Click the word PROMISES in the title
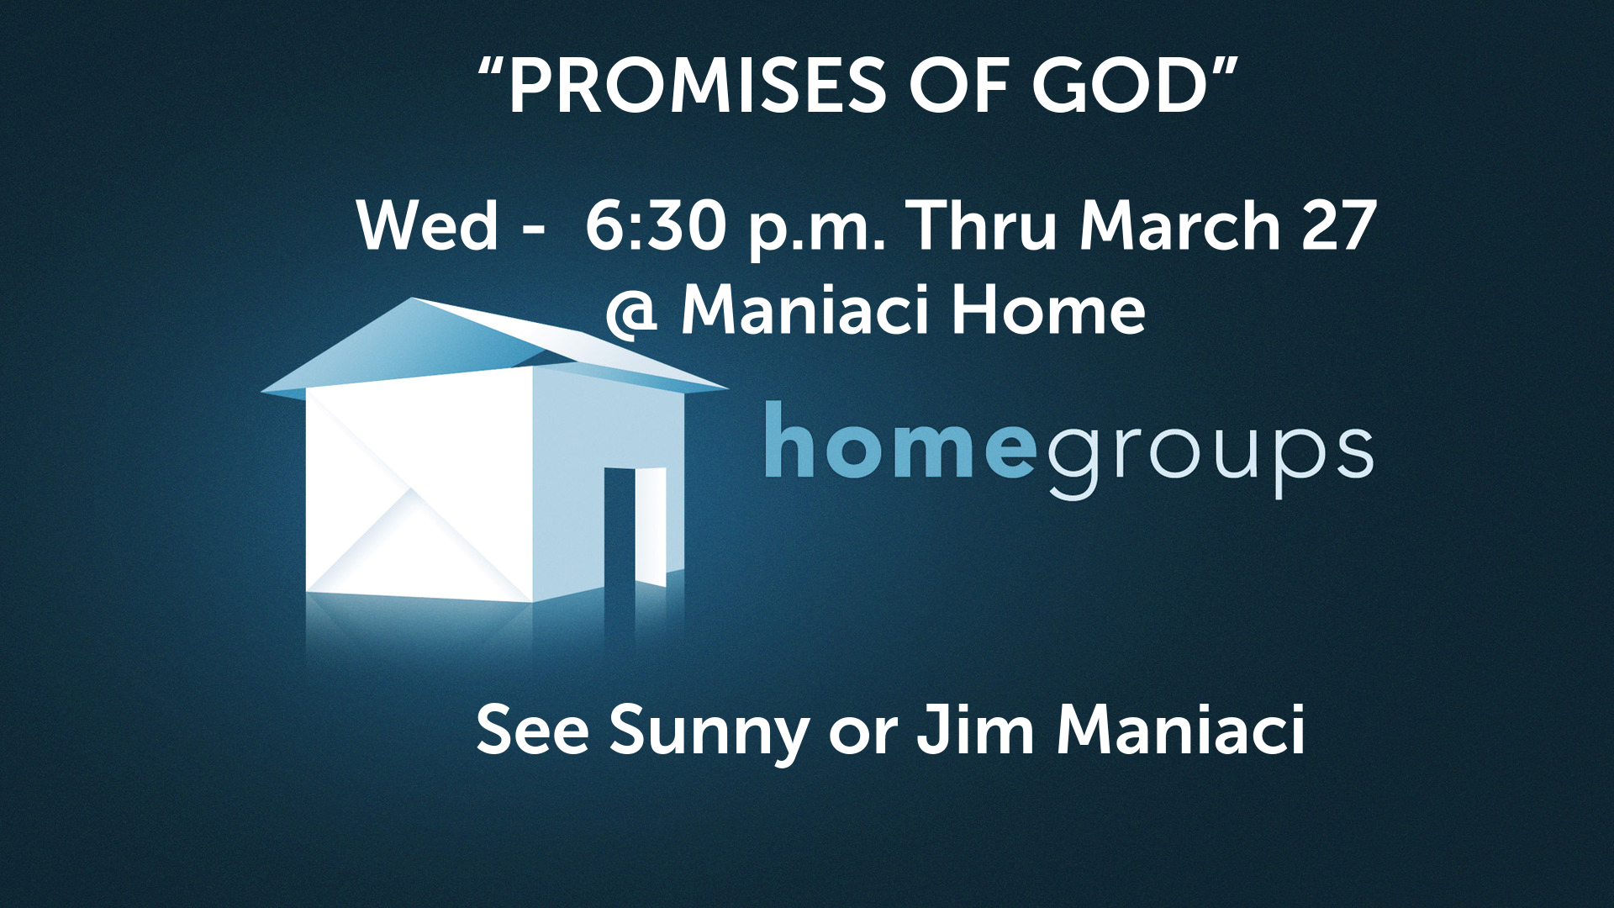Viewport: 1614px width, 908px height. (x=697, y=87)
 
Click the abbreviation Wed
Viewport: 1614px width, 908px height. (x=428, y=225)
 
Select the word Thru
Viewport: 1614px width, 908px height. (x=984, y=225)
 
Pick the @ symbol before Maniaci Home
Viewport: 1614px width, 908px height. (x=631, y=314)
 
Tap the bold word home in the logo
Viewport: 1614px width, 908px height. (x=899, y=441)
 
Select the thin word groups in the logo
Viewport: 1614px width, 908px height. (x=1210, y=458)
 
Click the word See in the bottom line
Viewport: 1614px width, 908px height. (x=533, y=730)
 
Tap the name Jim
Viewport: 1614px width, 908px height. (x=975, y=730)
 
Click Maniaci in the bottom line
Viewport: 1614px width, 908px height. (x=1181, y=730)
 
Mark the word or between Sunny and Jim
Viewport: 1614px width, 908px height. (x=862, y=736)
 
